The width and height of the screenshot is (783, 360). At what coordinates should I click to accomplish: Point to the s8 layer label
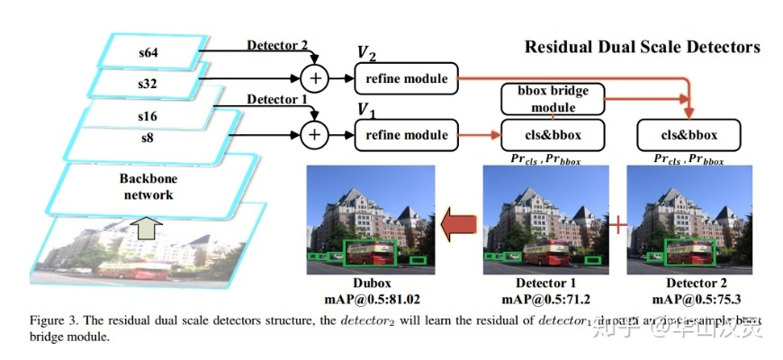coord(147,137)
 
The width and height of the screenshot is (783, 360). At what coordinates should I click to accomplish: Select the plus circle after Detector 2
coord(314,78)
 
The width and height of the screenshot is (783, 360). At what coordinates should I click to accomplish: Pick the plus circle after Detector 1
coord(314,135)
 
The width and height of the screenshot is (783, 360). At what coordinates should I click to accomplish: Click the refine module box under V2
coord(406,78)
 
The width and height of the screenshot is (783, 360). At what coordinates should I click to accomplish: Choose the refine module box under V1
coord(406,135)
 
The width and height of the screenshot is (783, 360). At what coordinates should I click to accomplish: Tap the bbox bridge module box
coord(551,100)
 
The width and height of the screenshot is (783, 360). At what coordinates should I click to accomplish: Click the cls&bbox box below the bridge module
coord(551,135)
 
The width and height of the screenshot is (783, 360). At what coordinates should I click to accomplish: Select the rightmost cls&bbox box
coord(688,135)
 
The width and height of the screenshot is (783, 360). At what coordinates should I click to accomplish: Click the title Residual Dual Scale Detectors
coord(642,47)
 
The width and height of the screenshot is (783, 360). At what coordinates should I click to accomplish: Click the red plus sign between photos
coord(617,225)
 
